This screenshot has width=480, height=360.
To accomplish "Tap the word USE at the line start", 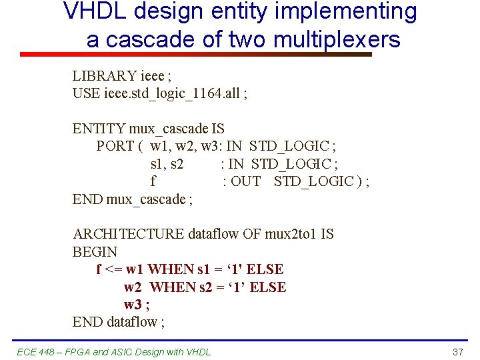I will pos(87,94).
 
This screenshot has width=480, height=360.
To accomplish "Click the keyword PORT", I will pos(115,146).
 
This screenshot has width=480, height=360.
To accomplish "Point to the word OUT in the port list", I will pos(245,181).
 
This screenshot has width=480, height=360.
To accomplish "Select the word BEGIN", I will pos(95,252).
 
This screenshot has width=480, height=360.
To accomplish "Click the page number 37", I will pos(457,351).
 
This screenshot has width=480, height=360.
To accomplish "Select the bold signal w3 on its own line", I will pos(133,305).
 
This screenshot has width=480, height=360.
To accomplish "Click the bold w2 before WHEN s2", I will pos(133,287).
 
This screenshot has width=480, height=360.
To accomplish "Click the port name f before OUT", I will pos(153,181).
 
